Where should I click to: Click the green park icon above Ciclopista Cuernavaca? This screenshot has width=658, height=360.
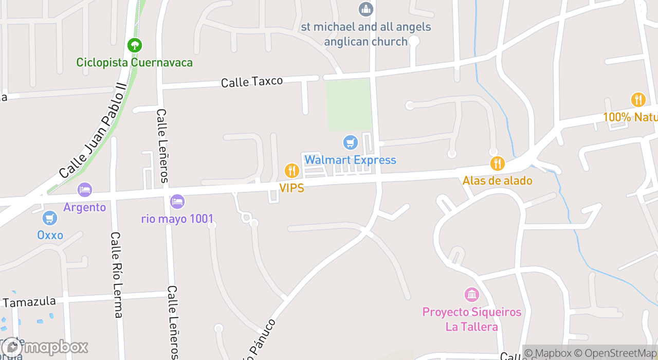click(x=135, y=45)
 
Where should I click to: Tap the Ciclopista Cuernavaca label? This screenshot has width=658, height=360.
click(x=135, y=63)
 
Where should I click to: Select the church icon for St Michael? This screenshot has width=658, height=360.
click(x=365, y=9)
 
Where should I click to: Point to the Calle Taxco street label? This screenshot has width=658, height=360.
click(x=252, y=82)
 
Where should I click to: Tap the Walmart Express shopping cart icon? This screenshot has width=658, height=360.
click(x=350, y=142)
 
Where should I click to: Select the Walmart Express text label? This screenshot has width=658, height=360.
click(x=350, y=160)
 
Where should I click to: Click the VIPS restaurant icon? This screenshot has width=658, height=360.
click(x=291, y=170)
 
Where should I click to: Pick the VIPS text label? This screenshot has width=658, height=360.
click(x=291, y=188)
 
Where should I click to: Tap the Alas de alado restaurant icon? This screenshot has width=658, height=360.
click(x=497, y=164)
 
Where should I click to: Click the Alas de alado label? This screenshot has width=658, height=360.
click(x=497, y=181)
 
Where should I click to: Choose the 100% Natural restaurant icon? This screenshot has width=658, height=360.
click(x=638, y=99)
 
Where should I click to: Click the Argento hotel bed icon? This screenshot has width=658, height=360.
click(x=85, y=190)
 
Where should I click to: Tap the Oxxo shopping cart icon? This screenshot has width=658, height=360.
click(x=50, y=218)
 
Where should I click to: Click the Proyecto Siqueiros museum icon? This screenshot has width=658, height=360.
click(x=471, y=295)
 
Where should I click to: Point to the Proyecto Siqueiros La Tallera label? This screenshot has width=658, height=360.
click(x=471, y=319)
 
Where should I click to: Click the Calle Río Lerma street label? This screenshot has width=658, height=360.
click(x=117, y=275)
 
